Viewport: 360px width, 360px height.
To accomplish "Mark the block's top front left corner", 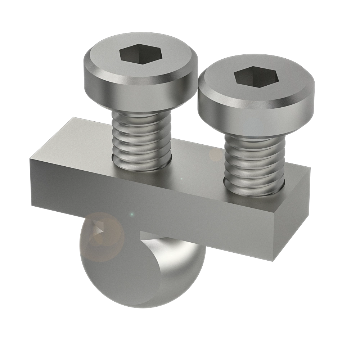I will click(x=31, y=158).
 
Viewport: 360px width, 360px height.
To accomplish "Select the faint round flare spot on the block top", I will click(x=216, y=155).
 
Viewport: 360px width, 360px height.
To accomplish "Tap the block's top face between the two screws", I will click(x=198, y=162).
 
